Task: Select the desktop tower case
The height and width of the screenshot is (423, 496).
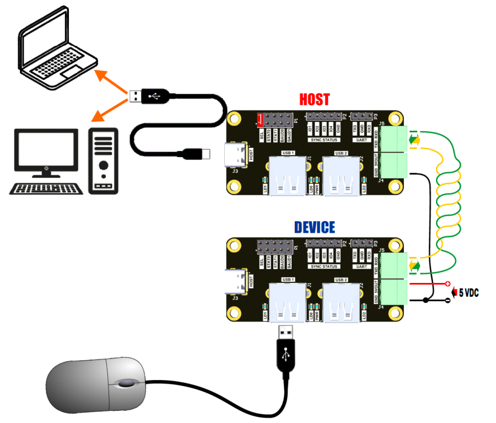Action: click(103, 160)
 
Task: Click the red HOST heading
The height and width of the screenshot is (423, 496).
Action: click(314, 100)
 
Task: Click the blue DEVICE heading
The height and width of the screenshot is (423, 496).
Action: click(314, 227)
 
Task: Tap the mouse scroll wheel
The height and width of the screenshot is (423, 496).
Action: click(126, 383)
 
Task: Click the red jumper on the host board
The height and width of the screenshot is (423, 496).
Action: click(261, 119)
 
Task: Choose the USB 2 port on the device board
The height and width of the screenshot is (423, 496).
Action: click(341, 301)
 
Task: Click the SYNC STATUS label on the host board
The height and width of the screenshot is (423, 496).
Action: click(324, 140)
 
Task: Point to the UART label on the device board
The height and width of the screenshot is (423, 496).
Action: click(362, 267)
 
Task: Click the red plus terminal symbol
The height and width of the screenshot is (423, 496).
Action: click(448, 283)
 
